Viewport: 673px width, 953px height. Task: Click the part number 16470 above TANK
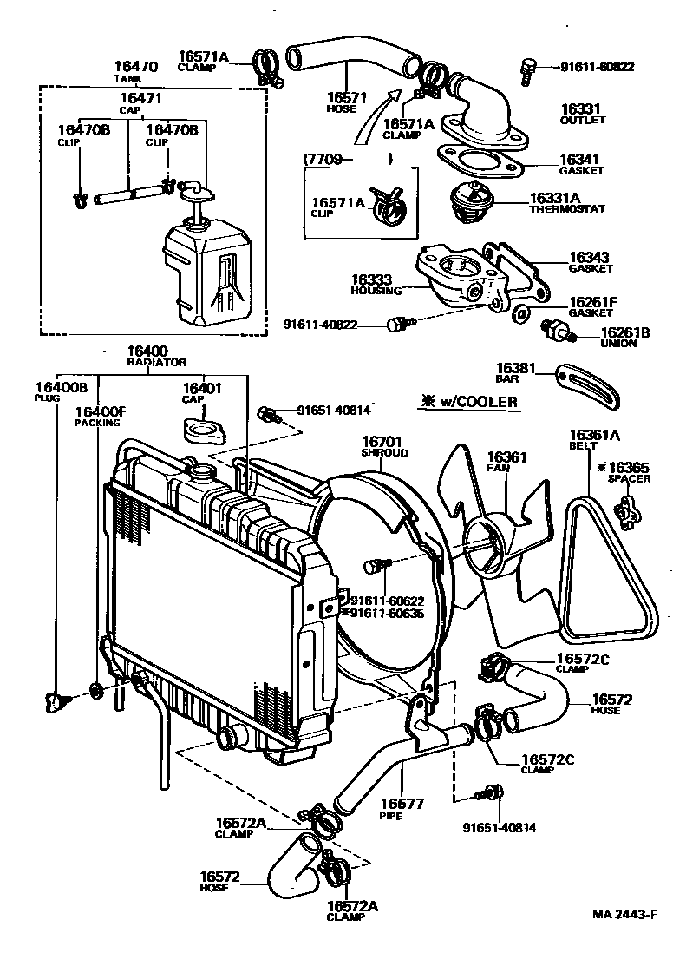135,66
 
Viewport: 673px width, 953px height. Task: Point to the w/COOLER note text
467,401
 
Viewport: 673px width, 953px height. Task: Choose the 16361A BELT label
589,440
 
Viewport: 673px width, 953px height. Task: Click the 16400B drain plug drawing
56,699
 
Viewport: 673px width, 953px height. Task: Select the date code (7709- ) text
348,159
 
